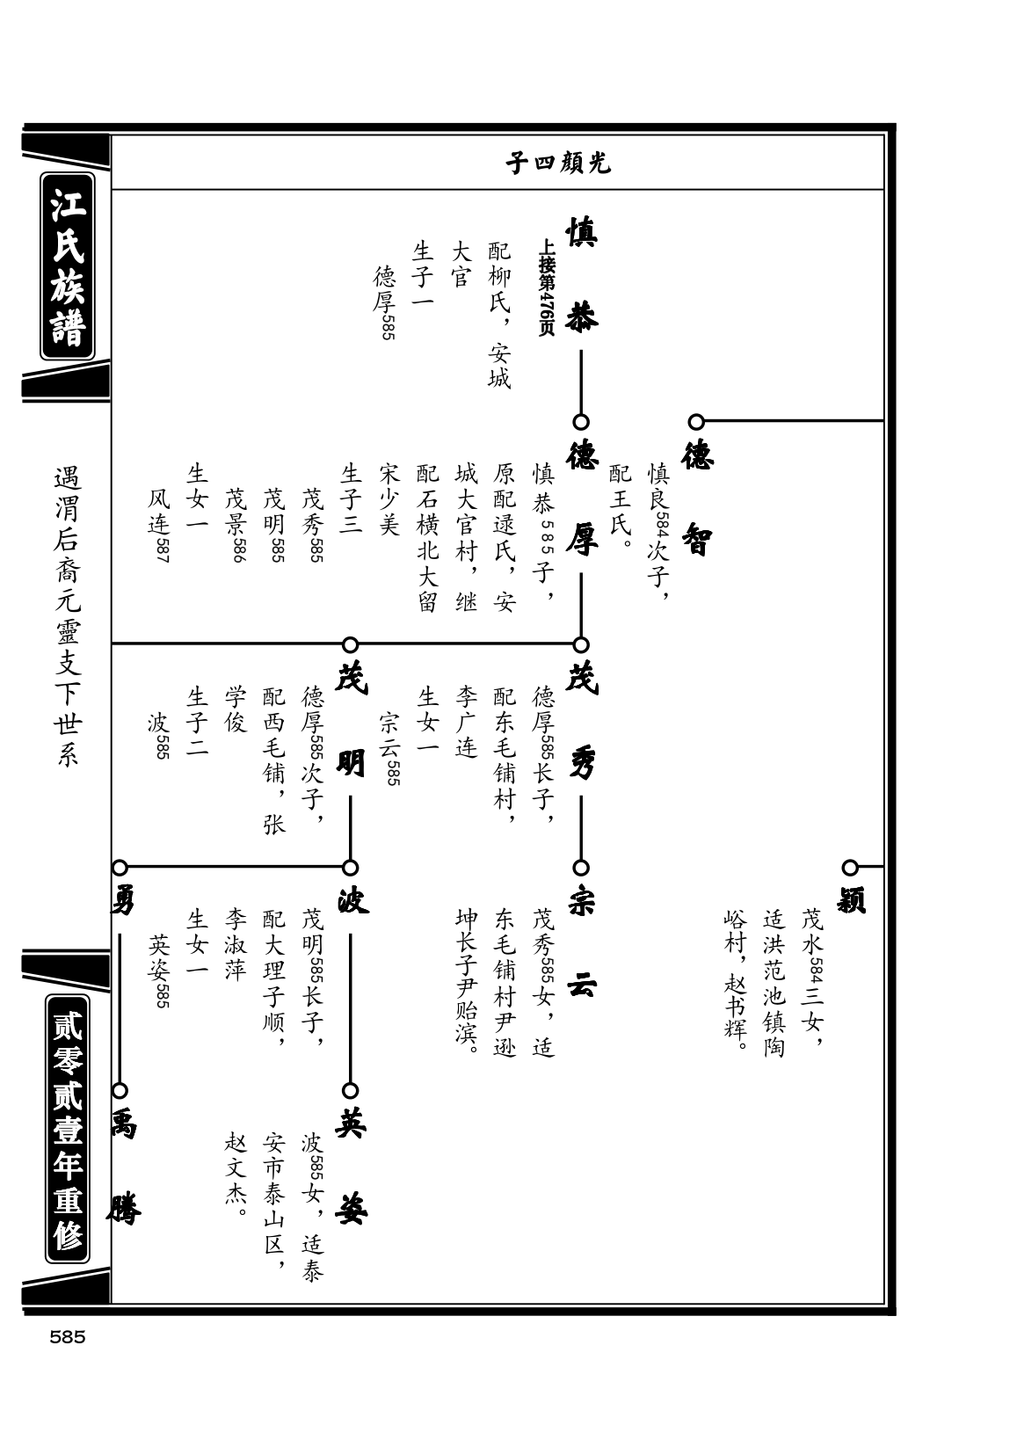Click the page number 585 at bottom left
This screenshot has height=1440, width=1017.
68,1337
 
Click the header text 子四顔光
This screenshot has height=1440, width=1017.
558,164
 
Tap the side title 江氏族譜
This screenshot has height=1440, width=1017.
68,265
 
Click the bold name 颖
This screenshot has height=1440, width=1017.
851,900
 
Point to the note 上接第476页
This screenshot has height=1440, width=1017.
547,287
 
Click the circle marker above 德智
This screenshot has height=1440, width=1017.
696,422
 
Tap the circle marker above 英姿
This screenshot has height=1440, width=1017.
351,1090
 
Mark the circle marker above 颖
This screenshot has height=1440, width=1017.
850,868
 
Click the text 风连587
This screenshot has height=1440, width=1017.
159,525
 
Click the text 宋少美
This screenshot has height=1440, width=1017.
389,499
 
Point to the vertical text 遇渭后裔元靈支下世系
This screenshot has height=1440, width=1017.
68,617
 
